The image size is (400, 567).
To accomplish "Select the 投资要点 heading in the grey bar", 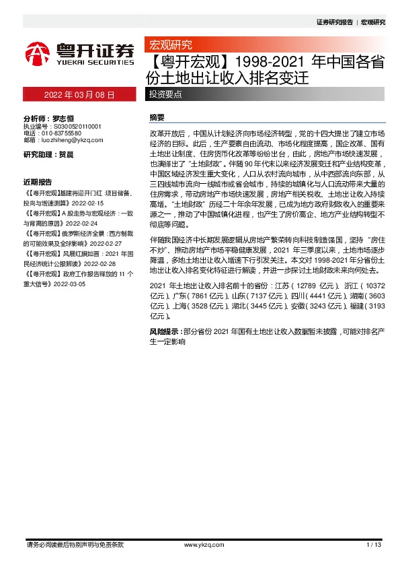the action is [165, 94].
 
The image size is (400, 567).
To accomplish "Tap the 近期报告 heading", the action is [37, 182].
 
